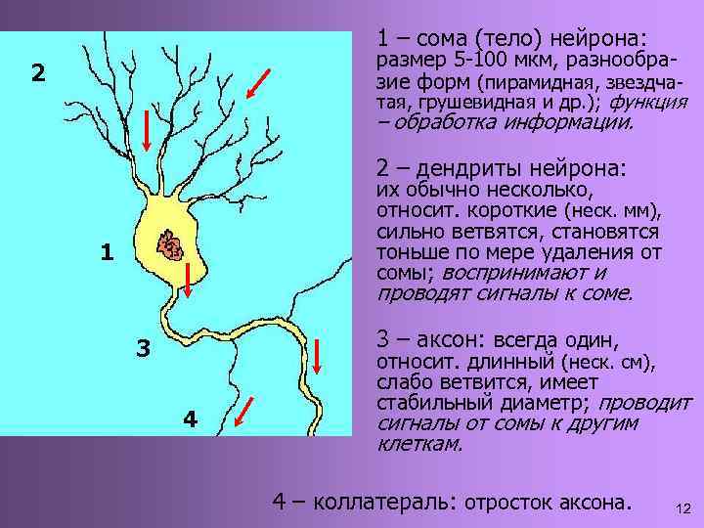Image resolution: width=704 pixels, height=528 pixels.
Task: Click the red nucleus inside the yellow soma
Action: (x=172, y=246)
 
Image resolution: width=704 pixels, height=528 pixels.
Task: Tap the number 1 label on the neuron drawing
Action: (x=108, y=253)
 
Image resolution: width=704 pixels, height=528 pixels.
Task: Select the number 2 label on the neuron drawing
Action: (x=37, y=73)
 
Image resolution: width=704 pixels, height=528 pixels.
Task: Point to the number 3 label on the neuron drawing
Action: (x=143, y=348)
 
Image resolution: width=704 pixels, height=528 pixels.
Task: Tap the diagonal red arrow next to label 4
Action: (x=248, y=411)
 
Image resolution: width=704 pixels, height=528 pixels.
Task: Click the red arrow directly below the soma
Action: (x=187, y=280)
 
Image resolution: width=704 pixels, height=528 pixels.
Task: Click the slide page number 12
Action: (x=683, y=507)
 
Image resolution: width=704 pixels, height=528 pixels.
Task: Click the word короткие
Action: (x=515, y=210)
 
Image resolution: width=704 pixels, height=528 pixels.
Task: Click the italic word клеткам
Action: (x=418, y=444)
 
